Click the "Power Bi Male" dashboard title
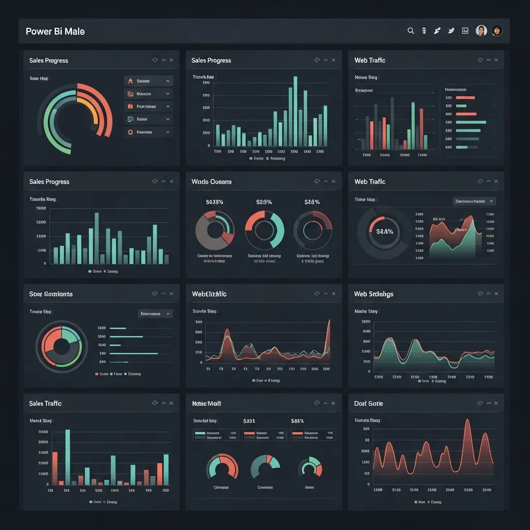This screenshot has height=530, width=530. point(55,31)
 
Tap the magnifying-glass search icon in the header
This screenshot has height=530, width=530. point(410,31)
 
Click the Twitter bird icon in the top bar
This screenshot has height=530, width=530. point(451,31)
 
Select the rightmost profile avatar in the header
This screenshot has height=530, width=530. point(497,31)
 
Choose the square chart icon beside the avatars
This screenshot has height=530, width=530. point(465,31)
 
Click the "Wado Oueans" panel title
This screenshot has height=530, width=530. point(211,182)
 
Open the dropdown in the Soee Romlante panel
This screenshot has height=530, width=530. point(155,314)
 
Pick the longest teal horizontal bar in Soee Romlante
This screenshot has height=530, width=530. point(134,354)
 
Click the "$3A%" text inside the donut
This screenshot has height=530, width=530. point(385,232)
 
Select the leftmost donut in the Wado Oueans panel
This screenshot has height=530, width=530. point(214,230)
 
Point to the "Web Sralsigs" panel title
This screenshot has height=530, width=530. point(374,294)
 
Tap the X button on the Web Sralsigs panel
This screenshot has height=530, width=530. point(496,294)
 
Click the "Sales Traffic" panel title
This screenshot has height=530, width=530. point(45,403)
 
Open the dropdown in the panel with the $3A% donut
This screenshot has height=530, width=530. point(474,201)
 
